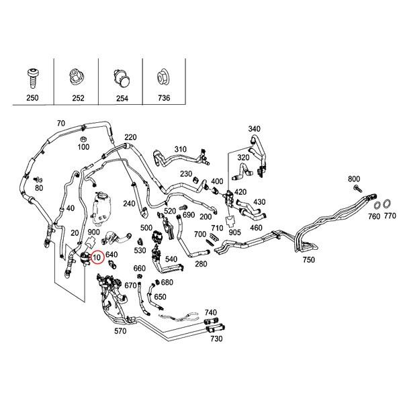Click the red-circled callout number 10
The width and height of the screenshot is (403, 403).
(x=97, y=257)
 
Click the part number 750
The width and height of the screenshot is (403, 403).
(x=308, y=260)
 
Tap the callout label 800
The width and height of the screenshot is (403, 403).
(x=354, y=179)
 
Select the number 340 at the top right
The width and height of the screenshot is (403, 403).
(x=255, y=129)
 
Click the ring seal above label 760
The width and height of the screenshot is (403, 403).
(x=378, y=204)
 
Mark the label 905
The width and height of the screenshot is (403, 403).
(x=234, y=232)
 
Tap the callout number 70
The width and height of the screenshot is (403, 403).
(x=61, y=124)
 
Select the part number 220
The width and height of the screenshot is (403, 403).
(x=130, y=137)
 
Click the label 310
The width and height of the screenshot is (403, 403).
(x=181, y=149)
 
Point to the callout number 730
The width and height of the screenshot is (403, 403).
(x=216, y=339)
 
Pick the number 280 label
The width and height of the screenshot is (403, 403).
(x=200, y=264)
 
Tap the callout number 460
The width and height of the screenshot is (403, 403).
(x=256, y=228)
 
